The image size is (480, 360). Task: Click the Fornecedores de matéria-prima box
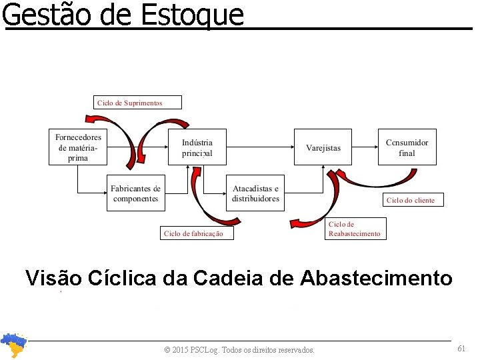[78, 147]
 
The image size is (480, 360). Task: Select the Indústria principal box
[197, 147]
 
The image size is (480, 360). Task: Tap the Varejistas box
[323, 147]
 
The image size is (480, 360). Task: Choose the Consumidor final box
[407, 147]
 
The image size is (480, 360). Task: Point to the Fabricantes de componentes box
[135, 193]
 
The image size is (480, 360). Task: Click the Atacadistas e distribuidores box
[255, 193]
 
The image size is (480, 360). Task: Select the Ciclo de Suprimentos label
[129, 102]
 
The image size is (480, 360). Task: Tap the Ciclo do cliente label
[411, 200]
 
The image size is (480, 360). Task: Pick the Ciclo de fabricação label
[193, 233]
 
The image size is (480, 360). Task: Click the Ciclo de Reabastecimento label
[355, 229]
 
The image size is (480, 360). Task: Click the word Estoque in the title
[193, 15]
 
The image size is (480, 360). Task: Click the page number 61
[461, 349]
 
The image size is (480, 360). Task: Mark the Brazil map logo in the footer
[13, 345]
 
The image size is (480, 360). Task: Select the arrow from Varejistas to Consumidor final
[365, 147]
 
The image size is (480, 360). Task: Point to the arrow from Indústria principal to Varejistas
[260, 147]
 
